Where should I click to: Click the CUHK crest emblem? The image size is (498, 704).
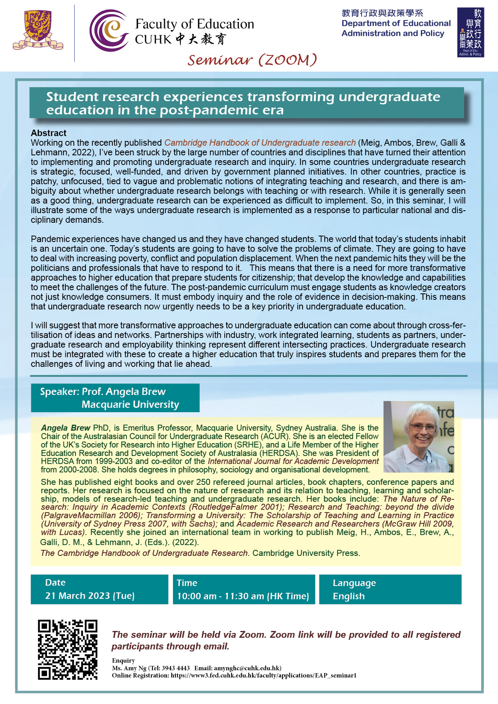(37, 30)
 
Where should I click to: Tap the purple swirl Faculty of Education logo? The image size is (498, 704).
(109, 31)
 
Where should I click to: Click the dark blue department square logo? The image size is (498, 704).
(470, 33)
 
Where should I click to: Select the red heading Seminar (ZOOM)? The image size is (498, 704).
(252, 60)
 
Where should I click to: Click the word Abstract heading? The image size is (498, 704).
(49, 133)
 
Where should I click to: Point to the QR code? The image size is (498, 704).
(67, 649)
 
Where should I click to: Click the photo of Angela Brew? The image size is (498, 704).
(419, 437)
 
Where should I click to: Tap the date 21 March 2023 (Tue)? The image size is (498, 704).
(90, 596)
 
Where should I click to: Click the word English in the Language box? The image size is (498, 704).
(349, 596)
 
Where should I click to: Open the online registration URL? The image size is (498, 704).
(263, 676)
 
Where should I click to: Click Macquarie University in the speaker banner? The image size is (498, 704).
(130, 405)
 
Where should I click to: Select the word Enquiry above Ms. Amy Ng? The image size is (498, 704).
(123, 661)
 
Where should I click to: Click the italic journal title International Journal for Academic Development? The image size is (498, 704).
(293, 462)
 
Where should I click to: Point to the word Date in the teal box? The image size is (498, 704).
(55, 583)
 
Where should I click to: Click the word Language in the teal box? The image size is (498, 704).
(354, 583)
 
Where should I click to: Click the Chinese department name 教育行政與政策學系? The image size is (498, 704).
(382, 13)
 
